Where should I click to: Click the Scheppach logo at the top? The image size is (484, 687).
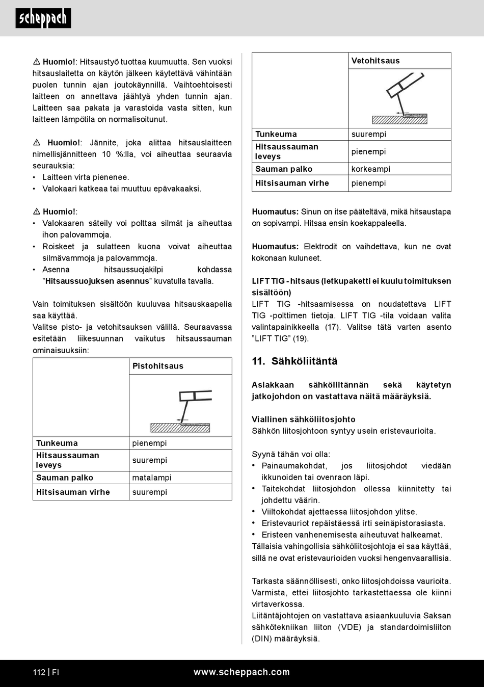click(x=43, y=18)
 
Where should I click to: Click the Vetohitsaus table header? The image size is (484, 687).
click(x=375, y=61)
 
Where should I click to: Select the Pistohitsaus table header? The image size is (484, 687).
click(x=158, y=366)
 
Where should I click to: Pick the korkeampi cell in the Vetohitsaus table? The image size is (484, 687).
click(x=371, y=169)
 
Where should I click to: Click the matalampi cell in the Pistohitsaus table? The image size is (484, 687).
click(x=152, y=478)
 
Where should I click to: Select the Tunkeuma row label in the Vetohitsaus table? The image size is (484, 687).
click(x=276, y=135)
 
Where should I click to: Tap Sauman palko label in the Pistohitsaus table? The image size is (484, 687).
click(x=65, y=478)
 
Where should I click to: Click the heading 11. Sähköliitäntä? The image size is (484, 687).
click(x=294, y=361)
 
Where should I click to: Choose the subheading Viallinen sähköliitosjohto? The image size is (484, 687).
click(x=304, y=419)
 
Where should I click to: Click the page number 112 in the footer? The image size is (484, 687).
click(x=39, y=672)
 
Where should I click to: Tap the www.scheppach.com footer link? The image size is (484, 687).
click(x=241, y=672)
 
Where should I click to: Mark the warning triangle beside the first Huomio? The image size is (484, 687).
click(x=37, y=62)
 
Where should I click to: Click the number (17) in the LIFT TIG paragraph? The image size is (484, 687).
click(x=333, y=327)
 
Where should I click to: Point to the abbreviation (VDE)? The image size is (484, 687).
click(x=349, y=627)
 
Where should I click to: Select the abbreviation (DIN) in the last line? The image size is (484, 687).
click(x=261, y=639)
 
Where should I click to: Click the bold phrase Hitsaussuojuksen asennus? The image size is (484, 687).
click(x=97, y=281)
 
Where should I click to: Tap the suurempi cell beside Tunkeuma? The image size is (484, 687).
click(x=369, y=135)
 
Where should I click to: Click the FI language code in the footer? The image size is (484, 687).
click(x=56, y=672)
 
